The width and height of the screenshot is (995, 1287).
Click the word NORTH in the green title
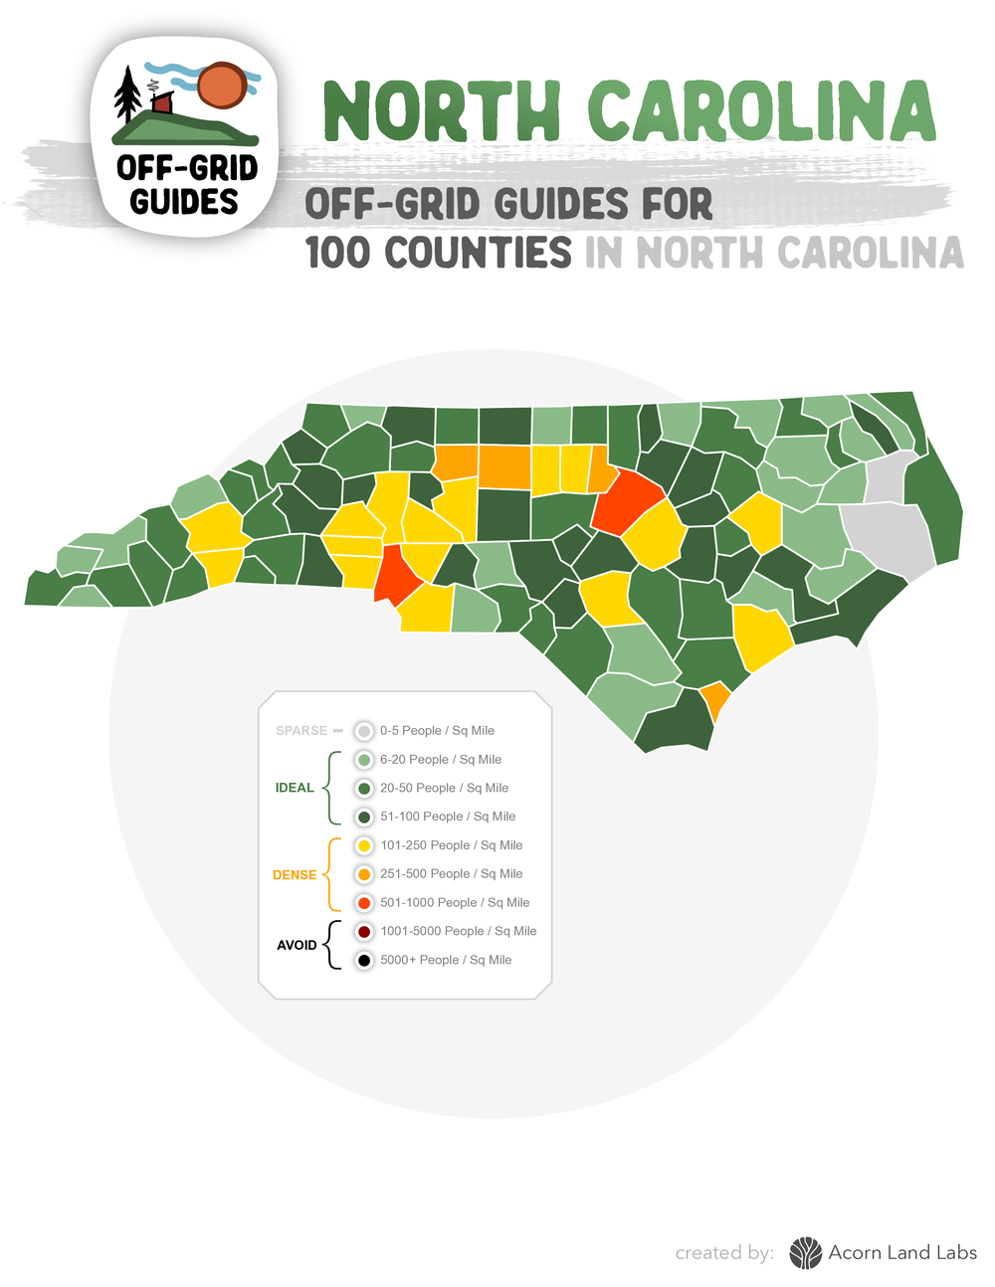(442, 111)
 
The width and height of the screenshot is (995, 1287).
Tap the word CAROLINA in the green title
(761, 111)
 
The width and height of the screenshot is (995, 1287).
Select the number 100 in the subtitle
(339, 253)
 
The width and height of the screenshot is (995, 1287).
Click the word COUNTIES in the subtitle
(479, 253)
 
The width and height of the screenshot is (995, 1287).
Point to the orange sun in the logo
(221, 87)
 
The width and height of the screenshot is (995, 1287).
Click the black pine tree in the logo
(127, 95)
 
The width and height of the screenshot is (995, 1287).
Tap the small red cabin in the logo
(162, 103)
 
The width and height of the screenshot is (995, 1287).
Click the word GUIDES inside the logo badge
(184, 202)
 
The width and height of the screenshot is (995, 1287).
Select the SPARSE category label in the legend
(301, 731)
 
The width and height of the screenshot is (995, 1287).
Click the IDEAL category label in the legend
(295, 788)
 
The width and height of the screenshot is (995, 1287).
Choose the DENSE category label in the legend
(295, 875)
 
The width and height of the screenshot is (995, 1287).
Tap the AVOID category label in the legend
(297, 945)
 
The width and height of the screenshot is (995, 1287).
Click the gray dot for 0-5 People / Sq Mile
(364, 731)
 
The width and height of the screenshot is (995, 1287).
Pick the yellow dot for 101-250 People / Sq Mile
(364, 845)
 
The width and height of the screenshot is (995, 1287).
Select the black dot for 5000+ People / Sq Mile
(364, 960)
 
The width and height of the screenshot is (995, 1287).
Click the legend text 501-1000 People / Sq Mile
(455, 903)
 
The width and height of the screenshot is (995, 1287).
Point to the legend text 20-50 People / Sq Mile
(444, 788)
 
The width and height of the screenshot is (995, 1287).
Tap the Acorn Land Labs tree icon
(805, 1253)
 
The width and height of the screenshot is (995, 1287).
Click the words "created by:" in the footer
(724, 1253)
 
